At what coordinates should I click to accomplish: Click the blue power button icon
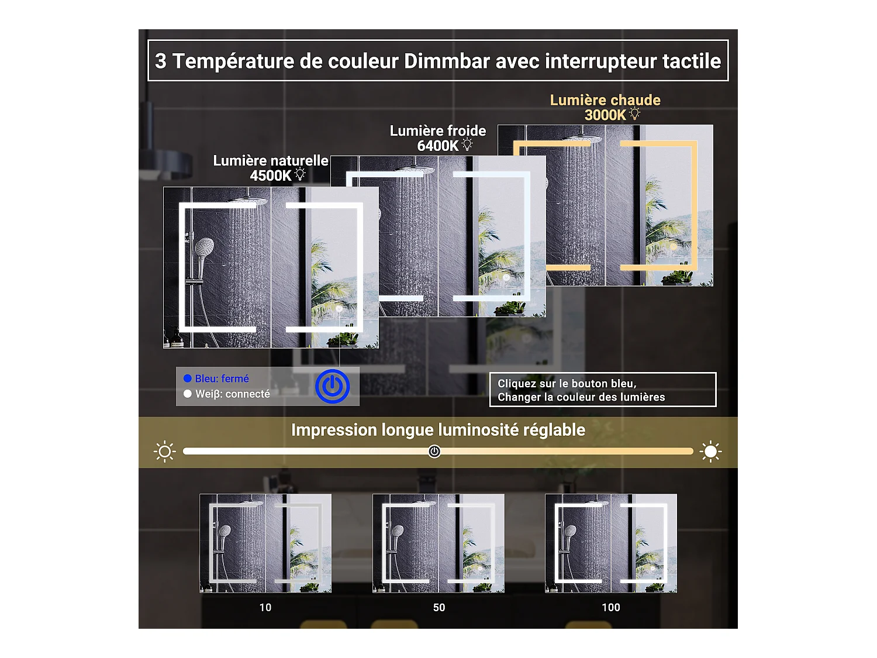pyautogui.click(x=332, y=387)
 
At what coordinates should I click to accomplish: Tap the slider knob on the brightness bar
pyautogui.click(x=434, y=452)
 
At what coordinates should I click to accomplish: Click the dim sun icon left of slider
pyautogui.click(x=165, y=452)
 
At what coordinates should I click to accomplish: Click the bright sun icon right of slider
pyautogui.click(x=710, y=452)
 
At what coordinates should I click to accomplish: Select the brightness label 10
pyautogui.click(x=265, y=608)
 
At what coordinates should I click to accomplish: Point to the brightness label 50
pyautogui.click(x=439, y=608)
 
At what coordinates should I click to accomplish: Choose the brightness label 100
pyautogui.click(x=611, y=608)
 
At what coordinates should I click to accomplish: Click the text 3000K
pyautogui.click(x=605, y=115)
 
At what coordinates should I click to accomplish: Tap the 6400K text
pyautogui.click(x=437, y=146)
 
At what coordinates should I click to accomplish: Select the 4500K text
pyautogui.click(x=270, y=175)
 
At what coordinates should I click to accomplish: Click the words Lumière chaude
pyautogui.click(x=605, y=100)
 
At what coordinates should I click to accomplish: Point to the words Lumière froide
pyautogui.click(x=438, y=130)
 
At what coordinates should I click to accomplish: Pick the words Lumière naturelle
pyautogui.click(x=271, y=160)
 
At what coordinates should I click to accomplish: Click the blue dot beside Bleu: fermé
pyautogui.click(x=188, y=378)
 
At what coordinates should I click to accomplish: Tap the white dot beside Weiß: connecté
pyautogui.click(x=188, y=394)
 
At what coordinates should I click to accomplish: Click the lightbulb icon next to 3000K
pyautogui.click(x=635, y=113)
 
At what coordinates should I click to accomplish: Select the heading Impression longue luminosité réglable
pyautogui.click(x=438, y=430)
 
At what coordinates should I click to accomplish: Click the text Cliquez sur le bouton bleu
pyautogui.click(x=567, y=384)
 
